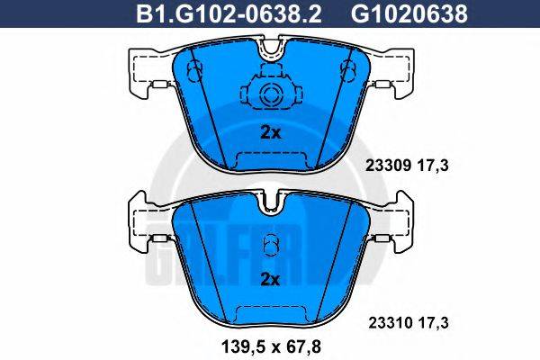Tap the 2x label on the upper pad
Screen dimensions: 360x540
pos(270,132)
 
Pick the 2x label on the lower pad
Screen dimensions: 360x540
pos(270,279)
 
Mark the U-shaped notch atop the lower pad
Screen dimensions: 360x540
pos(270,205)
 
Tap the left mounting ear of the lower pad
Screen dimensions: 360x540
pos(144,225)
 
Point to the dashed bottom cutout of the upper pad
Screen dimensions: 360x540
pos(270,159)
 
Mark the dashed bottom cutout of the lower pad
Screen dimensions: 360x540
pos(270,311)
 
